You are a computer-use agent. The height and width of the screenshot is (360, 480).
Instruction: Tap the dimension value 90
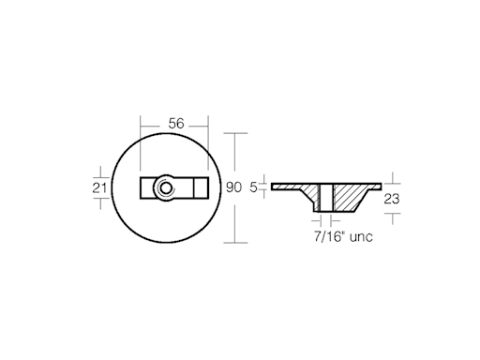point(234,187)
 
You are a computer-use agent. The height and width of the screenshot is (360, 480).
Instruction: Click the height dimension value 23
point(393,198)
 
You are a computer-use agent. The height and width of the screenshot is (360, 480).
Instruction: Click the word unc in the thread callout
point(361,237)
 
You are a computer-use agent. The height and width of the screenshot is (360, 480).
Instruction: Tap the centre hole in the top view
point(165,187)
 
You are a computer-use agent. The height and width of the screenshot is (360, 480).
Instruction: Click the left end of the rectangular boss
point(144,187)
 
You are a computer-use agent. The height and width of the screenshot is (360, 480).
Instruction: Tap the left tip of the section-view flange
point(274,186)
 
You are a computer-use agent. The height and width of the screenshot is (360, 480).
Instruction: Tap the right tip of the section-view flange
point(378,186)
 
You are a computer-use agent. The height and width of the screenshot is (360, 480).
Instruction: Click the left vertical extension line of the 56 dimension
point(141,141)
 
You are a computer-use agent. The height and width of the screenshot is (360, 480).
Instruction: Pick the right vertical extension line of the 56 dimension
point(208,141)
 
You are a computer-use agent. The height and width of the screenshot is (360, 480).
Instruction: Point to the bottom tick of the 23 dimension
point(393,214)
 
